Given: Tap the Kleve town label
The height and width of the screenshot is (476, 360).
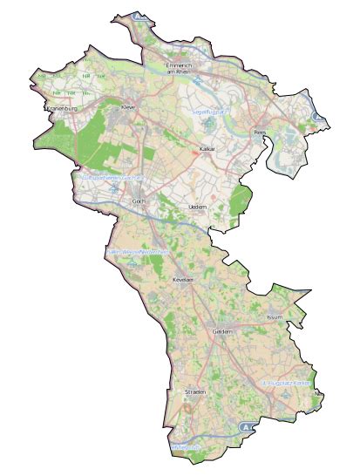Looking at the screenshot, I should point(130,107).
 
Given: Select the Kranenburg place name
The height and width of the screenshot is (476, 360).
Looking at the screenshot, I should point(63,108).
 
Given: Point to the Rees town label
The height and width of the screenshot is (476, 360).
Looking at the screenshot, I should point(259,133).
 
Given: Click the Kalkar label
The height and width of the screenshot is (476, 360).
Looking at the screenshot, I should point(207,149).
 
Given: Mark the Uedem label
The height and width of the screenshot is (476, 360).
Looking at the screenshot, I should point(197,206).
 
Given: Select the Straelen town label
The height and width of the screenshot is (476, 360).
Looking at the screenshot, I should point(194,393).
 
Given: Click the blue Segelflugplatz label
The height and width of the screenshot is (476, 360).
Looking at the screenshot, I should point(208,112).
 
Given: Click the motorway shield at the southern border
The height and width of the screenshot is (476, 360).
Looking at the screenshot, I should point(247,428).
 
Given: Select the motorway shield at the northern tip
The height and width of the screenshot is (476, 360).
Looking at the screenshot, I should point(139,16).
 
